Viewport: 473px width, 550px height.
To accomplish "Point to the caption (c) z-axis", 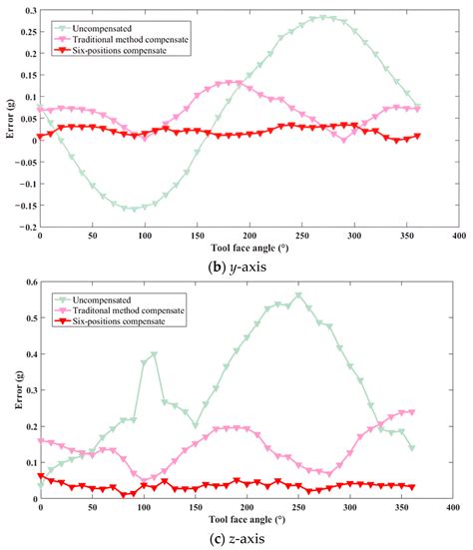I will [x=236, y=539].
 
